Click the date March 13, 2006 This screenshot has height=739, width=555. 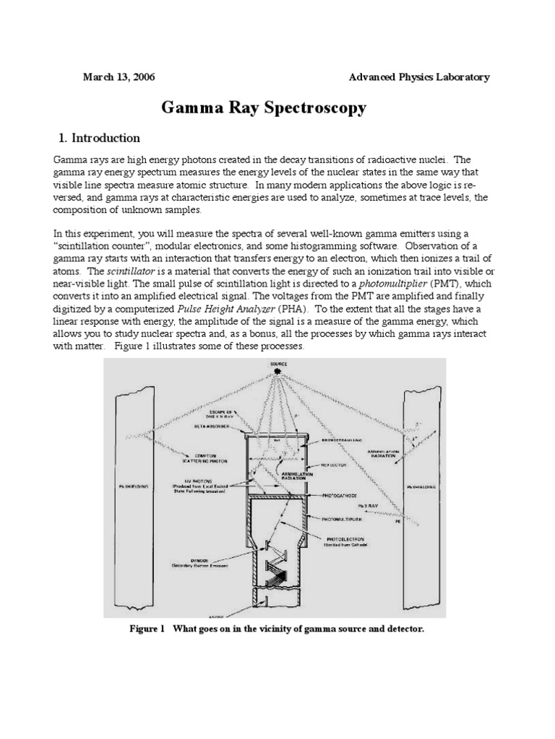coord(119,77)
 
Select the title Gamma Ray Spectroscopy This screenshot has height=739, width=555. coord(263,108)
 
